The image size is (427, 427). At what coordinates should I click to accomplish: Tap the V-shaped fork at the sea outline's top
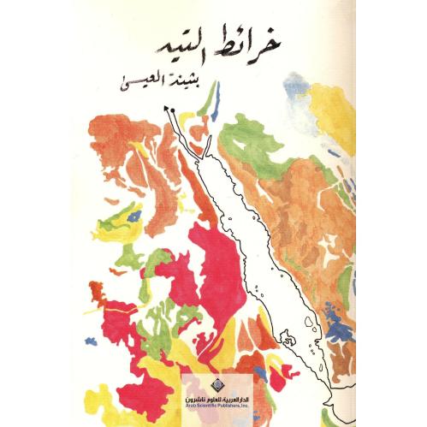coord(205,150)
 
